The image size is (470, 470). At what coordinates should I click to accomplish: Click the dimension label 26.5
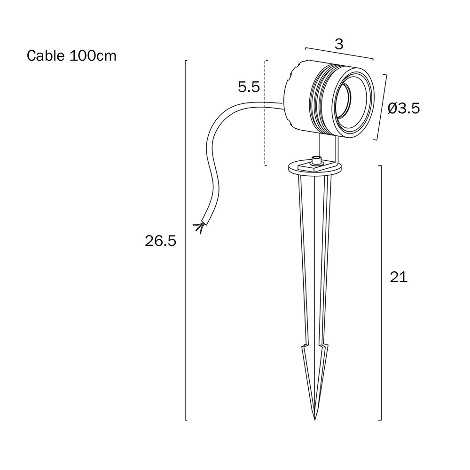(160, 241)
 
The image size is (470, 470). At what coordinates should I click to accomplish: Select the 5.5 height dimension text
(249, 87)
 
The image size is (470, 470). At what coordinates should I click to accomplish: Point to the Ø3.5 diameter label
(403, 109)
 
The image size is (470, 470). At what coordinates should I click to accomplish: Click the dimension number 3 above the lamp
(339, 44)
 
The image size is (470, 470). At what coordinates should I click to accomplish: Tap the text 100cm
(93, 56)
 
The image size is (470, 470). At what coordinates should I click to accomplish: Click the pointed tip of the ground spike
(315, 420)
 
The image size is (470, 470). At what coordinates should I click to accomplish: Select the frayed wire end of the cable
(198, 228)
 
